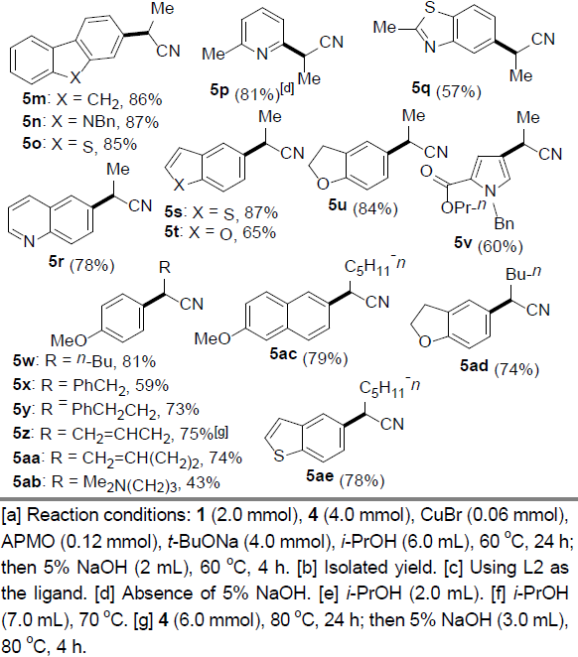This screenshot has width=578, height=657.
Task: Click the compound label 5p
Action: pos(219,89)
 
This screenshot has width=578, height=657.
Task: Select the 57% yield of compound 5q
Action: pos(459,91)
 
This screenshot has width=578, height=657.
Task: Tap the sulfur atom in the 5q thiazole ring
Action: pos(430,8)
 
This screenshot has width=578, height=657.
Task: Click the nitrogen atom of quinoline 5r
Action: pos(29,241)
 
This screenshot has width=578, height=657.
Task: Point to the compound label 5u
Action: pos(338,204)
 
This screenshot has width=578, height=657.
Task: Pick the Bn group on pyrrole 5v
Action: pos(504,223)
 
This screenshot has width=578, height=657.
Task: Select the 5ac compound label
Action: pos(283,354)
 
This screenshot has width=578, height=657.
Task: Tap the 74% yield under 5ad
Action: pos(516,369)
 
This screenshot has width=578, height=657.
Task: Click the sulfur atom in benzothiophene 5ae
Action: pos(279,455)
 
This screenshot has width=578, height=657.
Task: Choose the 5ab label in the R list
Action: pos(27,482)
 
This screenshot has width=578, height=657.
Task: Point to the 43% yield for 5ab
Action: pos(203,482)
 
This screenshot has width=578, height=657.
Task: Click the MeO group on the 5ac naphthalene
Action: pos(213,338)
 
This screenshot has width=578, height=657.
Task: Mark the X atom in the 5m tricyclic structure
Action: pos(74,76)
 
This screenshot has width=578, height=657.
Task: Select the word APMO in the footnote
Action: pos(28,541)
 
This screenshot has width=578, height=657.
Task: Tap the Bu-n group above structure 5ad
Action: pos(523,274)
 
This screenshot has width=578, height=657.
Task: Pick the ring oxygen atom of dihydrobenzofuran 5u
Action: pos(323,184)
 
